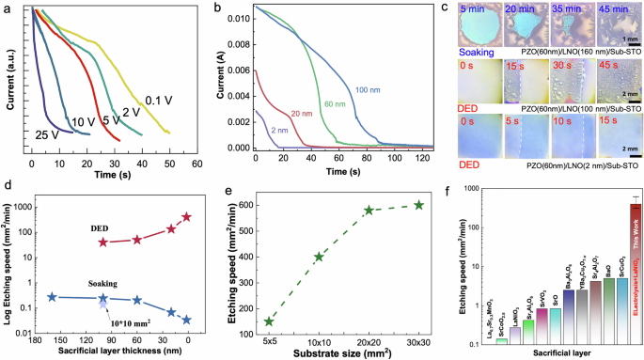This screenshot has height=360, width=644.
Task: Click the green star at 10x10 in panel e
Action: (319, 257)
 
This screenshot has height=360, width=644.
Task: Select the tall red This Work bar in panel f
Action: (608, 272)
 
